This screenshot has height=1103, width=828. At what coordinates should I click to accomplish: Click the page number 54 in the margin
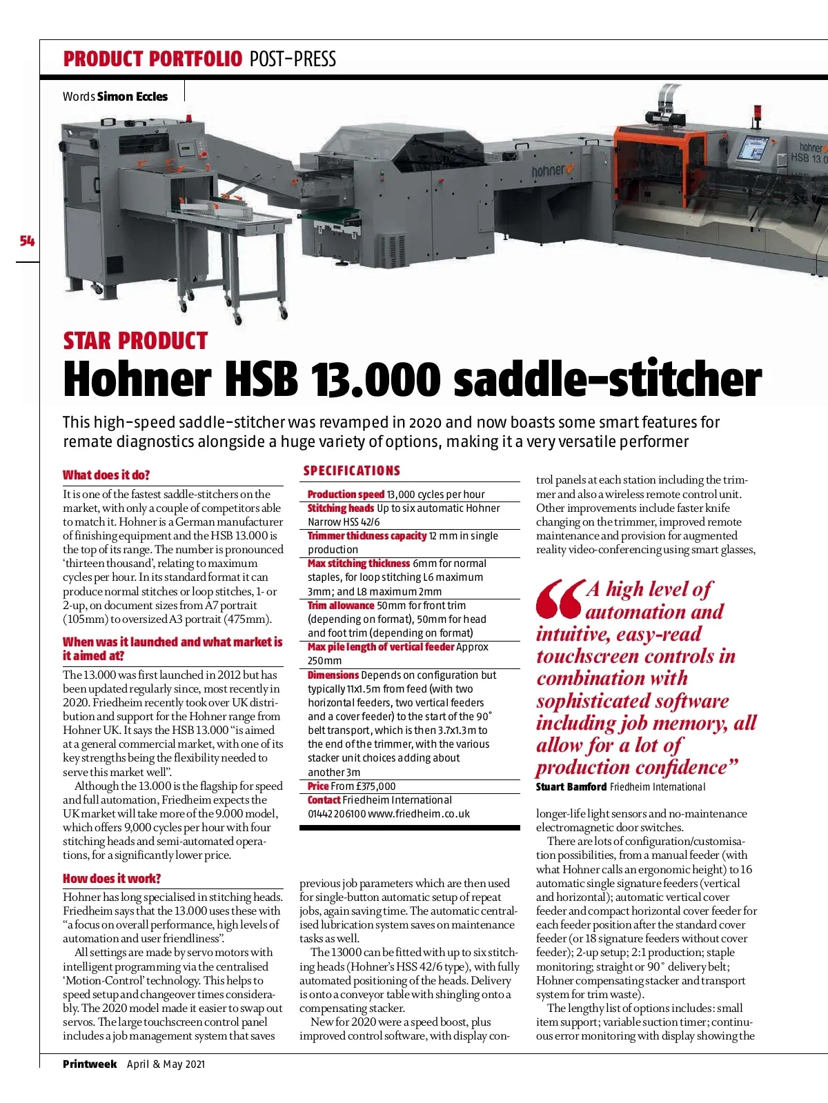[28, 241]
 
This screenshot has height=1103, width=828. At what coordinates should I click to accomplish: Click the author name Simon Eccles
[132, 97]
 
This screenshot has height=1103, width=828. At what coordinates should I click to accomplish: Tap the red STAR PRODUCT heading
[135, 341]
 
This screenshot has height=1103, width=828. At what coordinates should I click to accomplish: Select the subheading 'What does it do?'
[106, 475]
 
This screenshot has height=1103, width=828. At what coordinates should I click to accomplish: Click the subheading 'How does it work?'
[112, 878]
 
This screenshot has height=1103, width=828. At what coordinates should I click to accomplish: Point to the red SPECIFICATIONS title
[352, 470]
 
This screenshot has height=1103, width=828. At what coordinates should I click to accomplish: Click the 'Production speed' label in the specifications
[346, 494]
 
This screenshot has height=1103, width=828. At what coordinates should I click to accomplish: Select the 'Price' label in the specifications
[318, 786]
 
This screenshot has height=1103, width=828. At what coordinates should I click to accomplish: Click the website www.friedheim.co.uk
[419, 813]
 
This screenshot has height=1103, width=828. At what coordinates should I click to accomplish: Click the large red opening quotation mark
[560, 598]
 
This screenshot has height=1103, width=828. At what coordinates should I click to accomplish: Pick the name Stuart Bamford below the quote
[571, 786]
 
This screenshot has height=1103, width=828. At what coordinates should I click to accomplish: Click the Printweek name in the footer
[90, 1064]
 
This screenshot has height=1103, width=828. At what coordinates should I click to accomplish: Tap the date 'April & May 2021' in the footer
[166, 1064]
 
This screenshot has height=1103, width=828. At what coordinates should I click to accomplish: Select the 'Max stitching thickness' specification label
[359, 563]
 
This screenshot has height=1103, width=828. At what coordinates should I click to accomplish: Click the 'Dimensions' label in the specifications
[333, 675]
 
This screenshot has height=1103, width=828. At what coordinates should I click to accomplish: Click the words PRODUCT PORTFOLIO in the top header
[152, 59]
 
